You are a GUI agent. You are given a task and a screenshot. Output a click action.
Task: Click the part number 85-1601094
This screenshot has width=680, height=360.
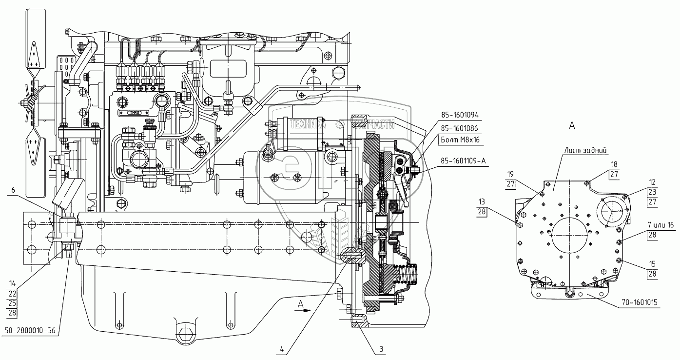click(460, 116)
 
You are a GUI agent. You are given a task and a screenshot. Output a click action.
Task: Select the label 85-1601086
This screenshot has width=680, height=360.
click(460, 128)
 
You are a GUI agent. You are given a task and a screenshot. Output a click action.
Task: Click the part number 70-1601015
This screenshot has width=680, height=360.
click(639, 303)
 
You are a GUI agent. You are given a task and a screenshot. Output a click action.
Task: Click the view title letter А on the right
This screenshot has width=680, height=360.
click(572, 125)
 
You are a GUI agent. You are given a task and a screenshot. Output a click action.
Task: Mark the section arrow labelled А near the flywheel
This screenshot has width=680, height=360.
click(302, 306)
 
